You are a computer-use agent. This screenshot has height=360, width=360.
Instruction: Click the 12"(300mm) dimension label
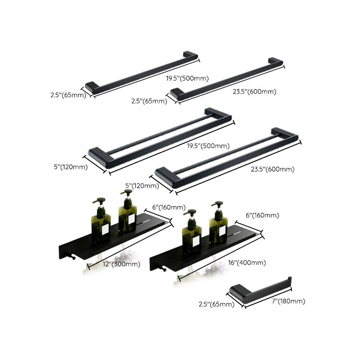[122, 264]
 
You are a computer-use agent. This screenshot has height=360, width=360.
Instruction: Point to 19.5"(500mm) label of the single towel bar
[187, 78]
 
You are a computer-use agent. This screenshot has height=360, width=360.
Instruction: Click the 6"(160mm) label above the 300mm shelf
[169, 207]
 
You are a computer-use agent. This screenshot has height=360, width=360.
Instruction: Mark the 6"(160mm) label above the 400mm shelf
[262, 216]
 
